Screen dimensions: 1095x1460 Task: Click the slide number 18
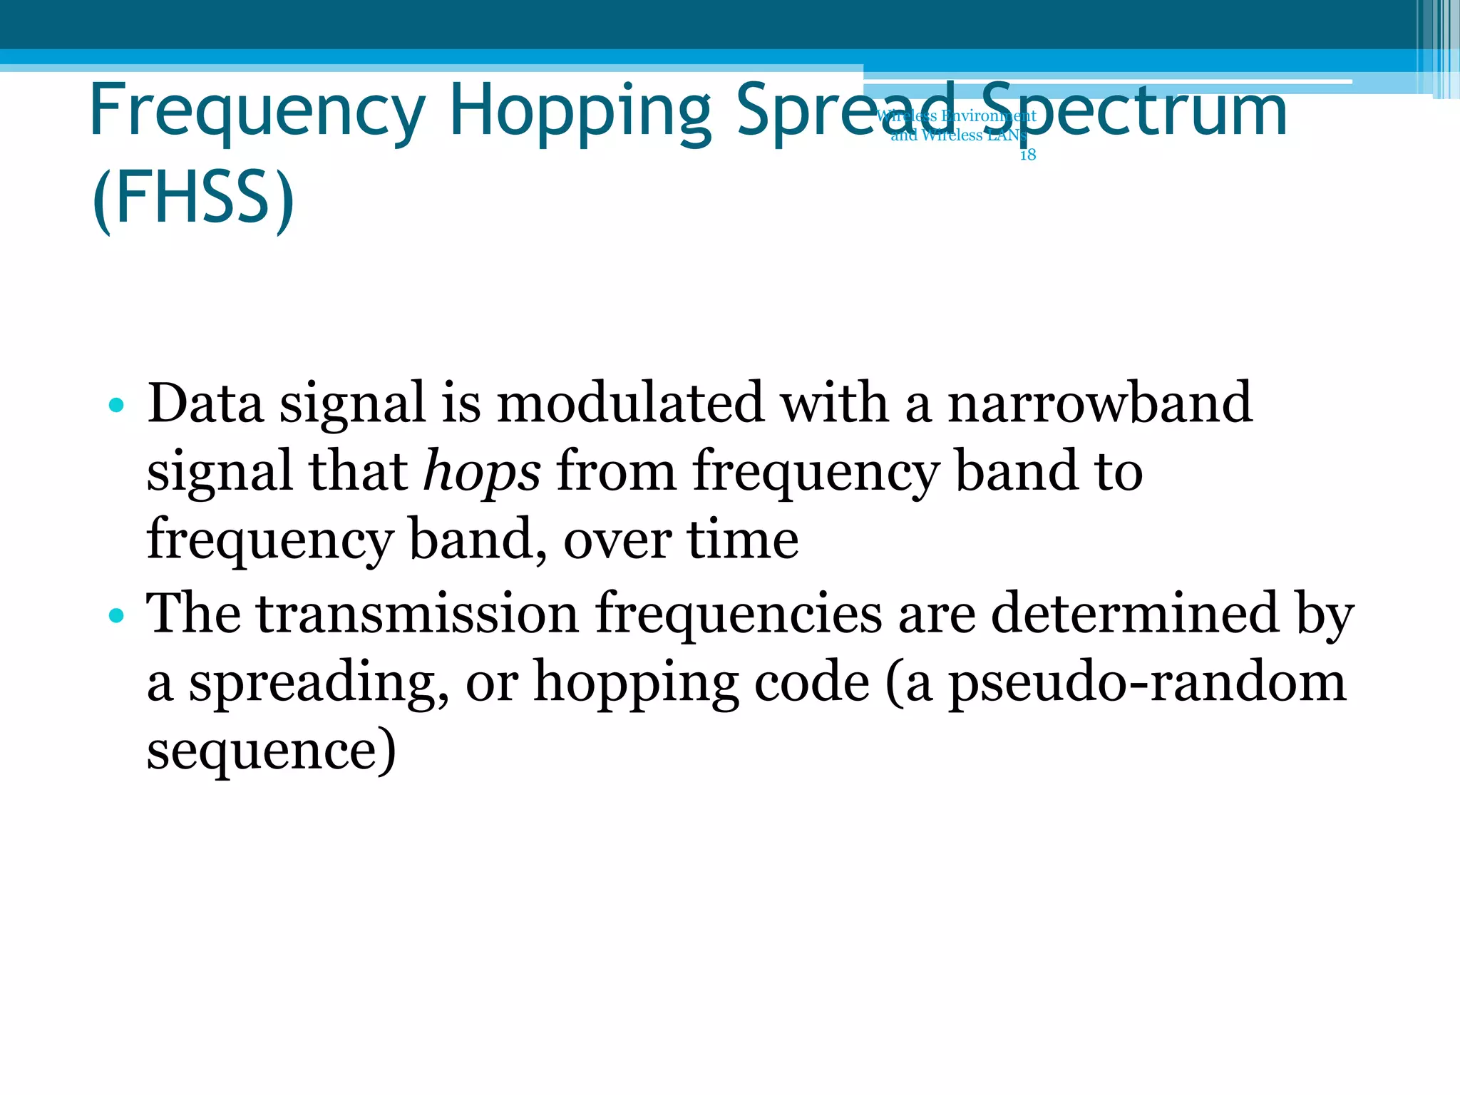(x=1027, y=155)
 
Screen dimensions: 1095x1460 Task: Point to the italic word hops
(x=482, y=472)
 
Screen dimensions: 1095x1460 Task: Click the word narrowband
(x=1099, y=403)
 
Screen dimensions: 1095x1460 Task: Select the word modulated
(x=630, y=403)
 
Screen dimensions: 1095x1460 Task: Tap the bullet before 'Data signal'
(x=117, y=406)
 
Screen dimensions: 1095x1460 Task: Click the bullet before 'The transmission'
(x=117, y=615)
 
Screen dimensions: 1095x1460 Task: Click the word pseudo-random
(x=1147, y=682)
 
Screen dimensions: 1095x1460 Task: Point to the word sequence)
(x=271, y=750)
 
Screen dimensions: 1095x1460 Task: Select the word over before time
(x=617, y=540)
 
